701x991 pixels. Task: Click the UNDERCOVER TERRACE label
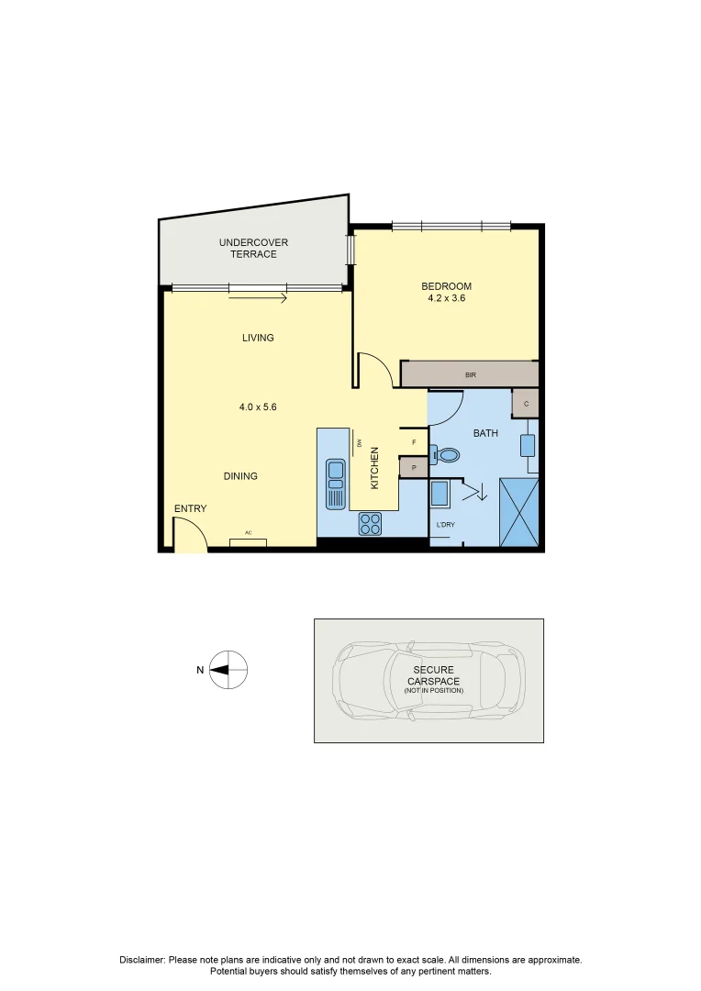click(253, 248)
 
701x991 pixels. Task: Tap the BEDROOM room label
click(447, 286)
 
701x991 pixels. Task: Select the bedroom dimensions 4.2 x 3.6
click(447, 298)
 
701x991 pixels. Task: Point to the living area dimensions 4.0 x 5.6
click(258, 406)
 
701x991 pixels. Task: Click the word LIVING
click(258, 338)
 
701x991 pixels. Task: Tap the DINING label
click(240, 476)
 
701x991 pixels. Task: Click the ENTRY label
click(190, 508)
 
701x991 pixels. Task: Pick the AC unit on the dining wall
click(248, 542)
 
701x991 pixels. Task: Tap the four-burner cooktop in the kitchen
click(370, 524)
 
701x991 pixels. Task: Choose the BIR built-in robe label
click(471, 374)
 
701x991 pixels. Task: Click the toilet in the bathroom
click(446, 453)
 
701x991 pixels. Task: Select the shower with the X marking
click(518, 512)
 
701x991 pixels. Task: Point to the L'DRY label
click(445, 524)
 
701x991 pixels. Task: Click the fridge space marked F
click(414, 442)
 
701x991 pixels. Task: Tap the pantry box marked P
click(414, 467)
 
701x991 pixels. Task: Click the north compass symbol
click(228, 670)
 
